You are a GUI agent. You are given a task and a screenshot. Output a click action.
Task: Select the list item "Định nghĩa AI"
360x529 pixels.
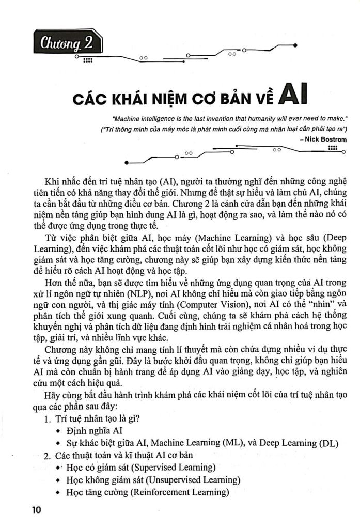click(x=95, y=430)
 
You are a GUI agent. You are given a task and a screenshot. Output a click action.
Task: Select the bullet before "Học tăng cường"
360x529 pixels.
click(x=58, y=492)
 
